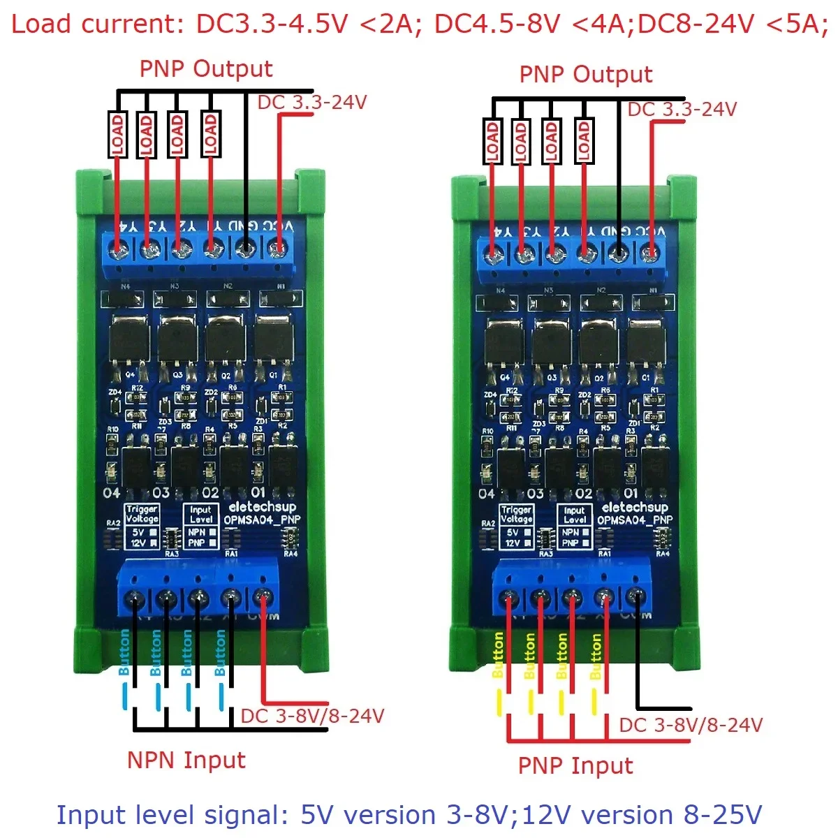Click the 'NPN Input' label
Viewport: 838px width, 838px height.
(x=186, y=760)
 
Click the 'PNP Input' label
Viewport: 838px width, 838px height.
(x=575, y=766)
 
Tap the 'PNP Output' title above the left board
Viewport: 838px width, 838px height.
(x=206, y=69)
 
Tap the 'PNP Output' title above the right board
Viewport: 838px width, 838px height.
(x=586, y=75)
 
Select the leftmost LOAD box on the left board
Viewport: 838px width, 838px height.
(x=117, y=135)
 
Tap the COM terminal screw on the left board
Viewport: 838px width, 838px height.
(x=263, y=598)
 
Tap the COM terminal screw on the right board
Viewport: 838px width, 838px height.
(x=635, y=598)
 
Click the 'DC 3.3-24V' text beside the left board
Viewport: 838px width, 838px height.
(x=312, y=103)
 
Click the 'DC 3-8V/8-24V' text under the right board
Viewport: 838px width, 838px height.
(x=691, y=725)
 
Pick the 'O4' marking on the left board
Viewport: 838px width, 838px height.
(x=112, y=493)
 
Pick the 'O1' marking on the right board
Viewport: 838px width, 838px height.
(x=630, y=494)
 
